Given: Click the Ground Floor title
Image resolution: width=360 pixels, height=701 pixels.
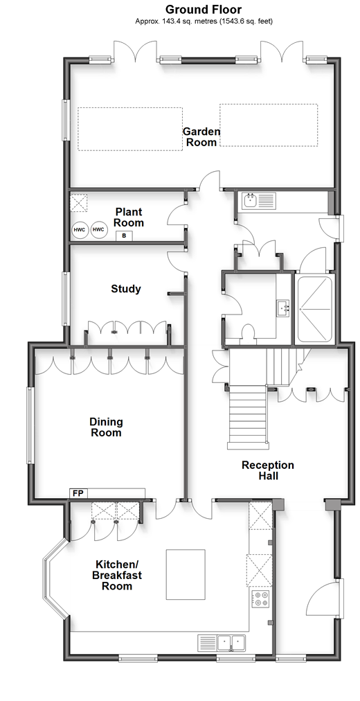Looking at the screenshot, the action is coord(204,10).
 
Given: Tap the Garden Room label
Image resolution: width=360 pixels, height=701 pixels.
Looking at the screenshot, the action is coord(201,136).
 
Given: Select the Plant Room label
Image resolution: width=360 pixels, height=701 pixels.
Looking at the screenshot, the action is coord(129,217).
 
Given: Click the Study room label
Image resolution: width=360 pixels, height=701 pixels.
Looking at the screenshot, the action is coord(126,289).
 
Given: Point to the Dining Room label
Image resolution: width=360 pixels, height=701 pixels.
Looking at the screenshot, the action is coord(106,427).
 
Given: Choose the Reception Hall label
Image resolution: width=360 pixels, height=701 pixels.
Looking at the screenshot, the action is coord(268,470).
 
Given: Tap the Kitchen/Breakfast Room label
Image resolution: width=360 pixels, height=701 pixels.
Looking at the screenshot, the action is coord(117,575).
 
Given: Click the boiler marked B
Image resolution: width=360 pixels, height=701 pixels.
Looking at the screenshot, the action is coord(124,236).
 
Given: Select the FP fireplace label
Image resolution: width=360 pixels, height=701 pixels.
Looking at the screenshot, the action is coord(79,494).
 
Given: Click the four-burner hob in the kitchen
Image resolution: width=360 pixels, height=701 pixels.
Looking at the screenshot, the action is coord(260,599).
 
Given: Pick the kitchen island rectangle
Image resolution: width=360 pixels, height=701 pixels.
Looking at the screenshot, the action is coord(186,574).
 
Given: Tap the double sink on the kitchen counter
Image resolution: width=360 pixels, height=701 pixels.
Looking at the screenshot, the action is coord(222,643).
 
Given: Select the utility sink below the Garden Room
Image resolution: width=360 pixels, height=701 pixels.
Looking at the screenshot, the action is coord(259,201).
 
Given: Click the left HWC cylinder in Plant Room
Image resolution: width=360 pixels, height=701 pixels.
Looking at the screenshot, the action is coord(80,230).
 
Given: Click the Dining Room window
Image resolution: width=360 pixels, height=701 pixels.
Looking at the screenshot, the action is coord(30,425).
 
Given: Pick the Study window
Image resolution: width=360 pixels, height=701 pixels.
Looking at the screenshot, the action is coord(65,299).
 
